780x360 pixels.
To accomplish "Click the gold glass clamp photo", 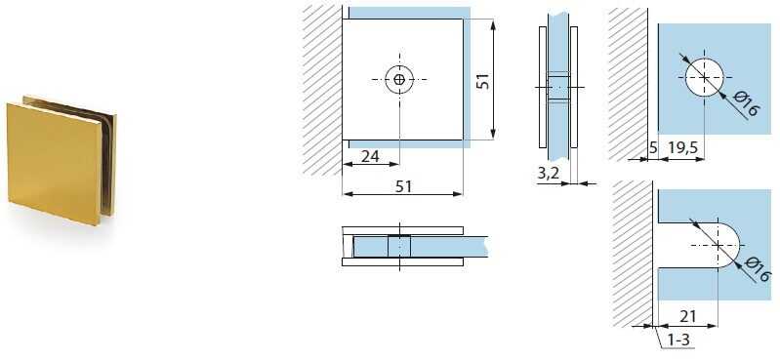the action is pyautogui.click(x=62, y=159).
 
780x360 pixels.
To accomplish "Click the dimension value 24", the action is pyautogui.click(x=370, y=157).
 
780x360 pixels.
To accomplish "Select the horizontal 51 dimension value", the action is pyautogui.click(x=403, y=186).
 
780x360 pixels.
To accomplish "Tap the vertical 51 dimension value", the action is pyautogui.click(x=482, y=81).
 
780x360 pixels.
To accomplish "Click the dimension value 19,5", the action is pyautogui.click(x=682, y=148).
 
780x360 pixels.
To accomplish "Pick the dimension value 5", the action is pyautogui.click(x=653, y=148).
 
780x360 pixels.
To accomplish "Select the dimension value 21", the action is pyautogui.click(x=688, y=316).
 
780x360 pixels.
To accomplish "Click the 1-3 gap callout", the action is pyautogui.click(x=678, y=340).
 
